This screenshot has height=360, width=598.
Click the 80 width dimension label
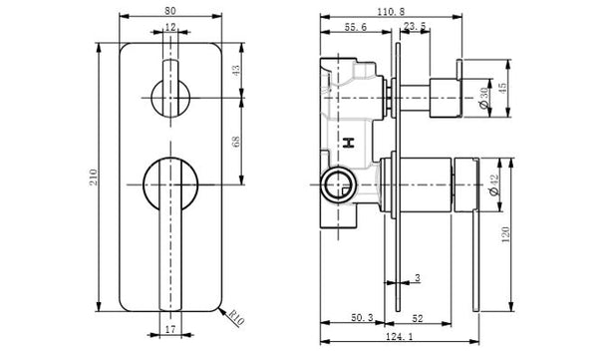pyautogui.click(x=170, y=11)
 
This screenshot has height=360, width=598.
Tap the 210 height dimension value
pyautogui.click(x=94, y=178)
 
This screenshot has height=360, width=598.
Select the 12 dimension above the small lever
pyautogui.click(x=170, y=27)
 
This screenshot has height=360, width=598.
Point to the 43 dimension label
pyautogui.click(x=236, y=71)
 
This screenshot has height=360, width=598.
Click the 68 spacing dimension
pyautogui.click(x=236, y=142)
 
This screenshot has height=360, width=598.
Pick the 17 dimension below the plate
pyautogui.click(x=170, y=329)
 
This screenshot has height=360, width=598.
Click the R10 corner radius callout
pyautogui.click(x=236, y=318)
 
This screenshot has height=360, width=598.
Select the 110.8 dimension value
pyautogui.click(x=391, y=11)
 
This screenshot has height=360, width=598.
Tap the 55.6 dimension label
pyautogui.click(x=356, y=27)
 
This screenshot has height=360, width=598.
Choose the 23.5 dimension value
pyautogui.click(x=415, y=26)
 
